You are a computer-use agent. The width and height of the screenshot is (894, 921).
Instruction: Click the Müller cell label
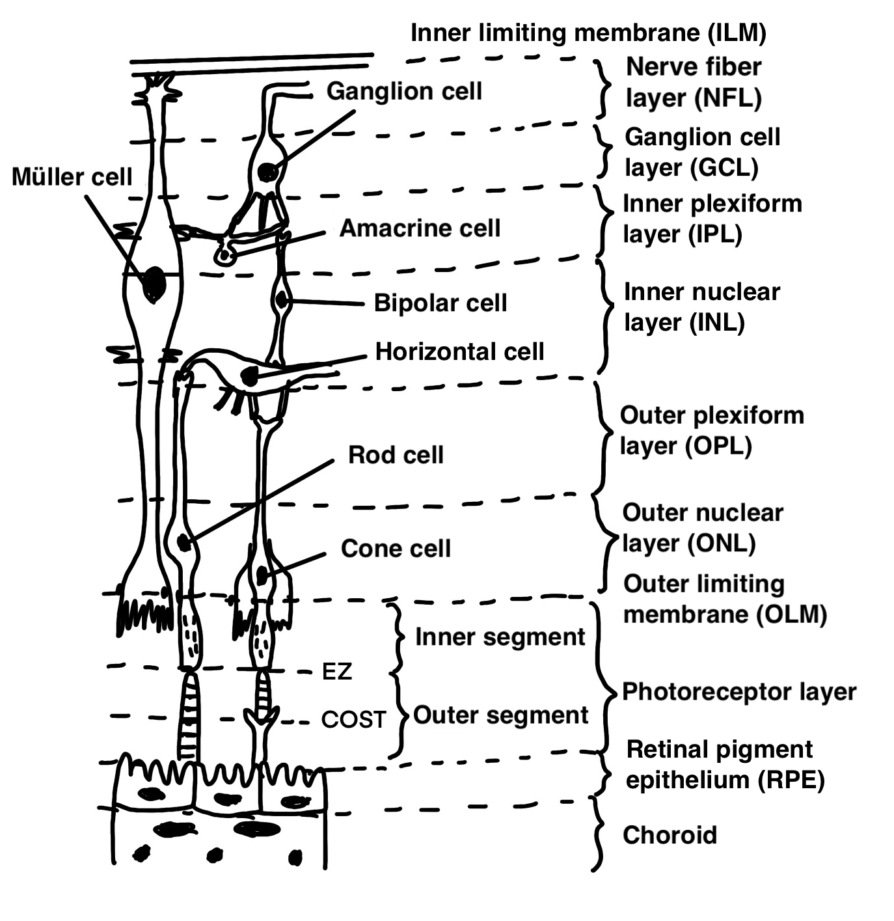(72, 176)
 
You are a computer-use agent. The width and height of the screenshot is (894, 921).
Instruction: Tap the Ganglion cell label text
(404, 91)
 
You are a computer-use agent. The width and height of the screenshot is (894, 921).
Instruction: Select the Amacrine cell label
(420, 228)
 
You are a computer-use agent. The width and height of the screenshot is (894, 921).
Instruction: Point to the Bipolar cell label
(440, 303)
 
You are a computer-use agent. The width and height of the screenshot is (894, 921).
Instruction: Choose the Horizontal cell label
(459, 351)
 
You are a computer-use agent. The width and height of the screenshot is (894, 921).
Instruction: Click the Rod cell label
(396, 454)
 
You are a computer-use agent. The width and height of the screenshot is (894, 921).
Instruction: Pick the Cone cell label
(396, 548)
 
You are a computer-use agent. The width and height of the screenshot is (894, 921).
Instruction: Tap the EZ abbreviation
(337, 671)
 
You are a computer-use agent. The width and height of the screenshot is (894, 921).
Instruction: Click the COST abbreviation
(353, 719)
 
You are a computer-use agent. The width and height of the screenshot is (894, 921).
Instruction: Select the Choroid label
(670, 834)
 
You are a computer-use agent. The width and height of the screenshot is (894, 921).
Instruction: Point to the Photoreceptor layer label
(739, 691)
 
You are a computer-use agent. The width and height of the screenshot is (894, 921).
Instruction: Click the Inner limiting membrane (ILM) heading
(588, 33)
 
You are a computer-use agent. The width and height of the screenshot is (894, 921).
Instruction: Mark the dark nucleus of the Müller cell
(154, 283)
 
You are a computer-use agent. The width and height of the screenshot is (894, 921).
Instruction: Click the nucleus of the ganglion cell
(267, 172)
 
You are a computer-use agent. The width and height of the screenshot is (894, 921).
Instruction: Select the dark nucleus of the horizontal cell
(249, 376)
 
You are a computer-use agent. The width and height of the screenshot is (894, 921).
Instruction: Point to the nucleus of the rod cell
(184, 542)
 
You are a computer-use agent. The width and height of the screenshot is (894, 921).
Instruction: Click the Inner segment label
(500, 637)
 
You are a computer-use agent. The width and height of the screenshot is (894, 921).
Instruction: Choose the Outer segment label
(500, 715)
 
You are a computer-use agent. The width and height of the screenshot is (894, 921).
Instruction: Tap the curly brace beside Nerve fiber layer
(603, 88)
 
